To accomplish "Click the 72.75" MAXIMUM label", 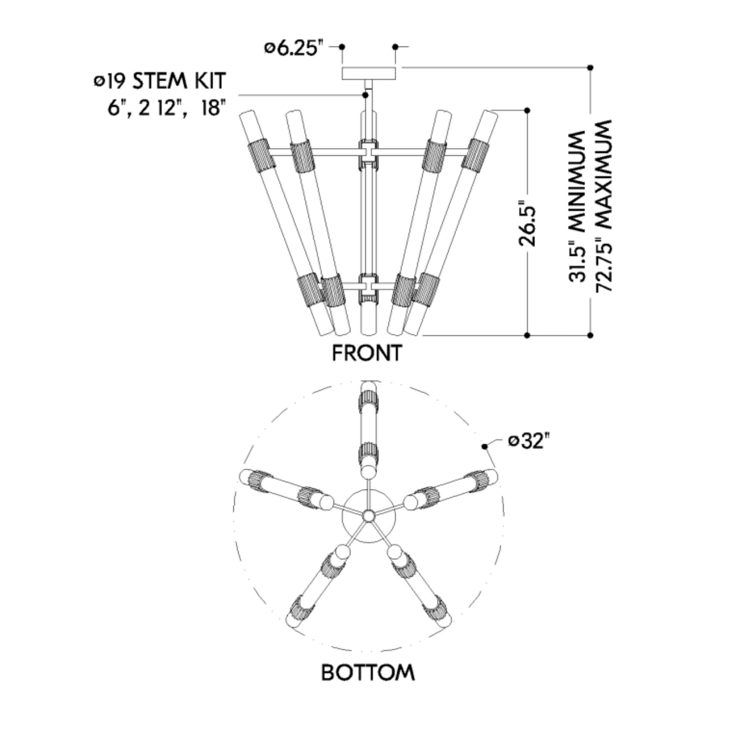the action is [x=604, y=206].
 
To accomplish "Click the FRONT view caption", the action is [x=367, y=353].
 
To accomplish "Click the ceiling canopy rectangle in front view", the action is [x=369, y=73].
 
